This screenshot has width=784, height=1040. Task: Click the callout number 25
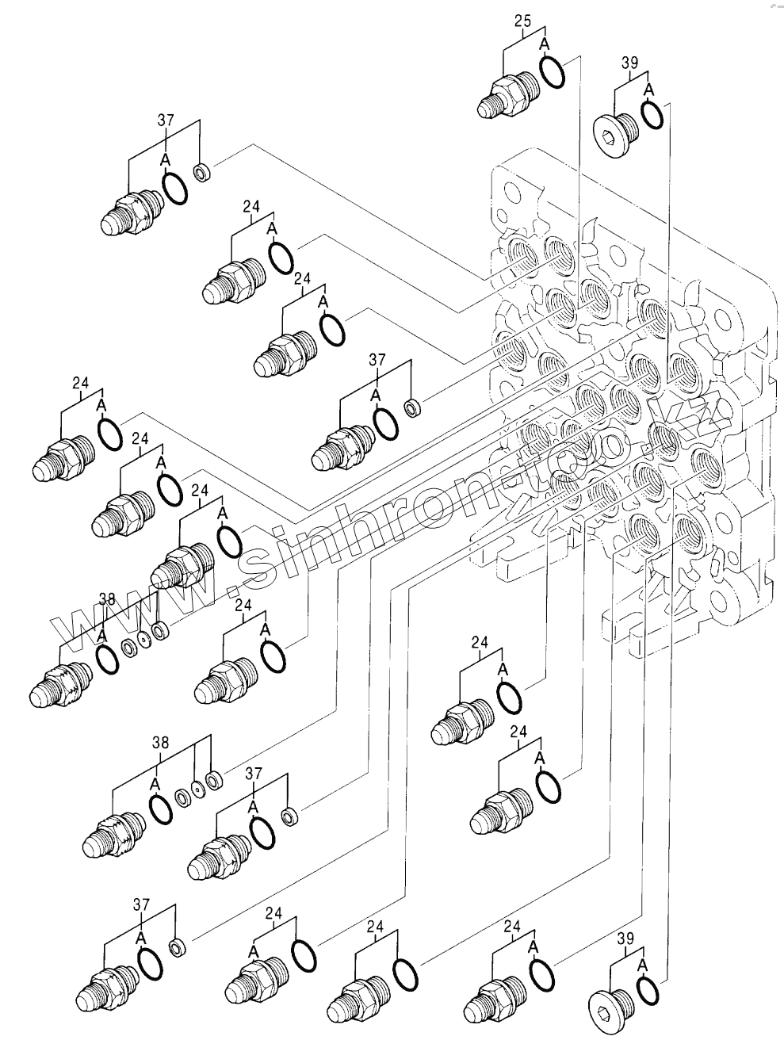click(x=522, y=21)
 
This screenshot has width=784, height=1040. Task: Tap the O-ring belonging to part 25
click(x=552, y=71)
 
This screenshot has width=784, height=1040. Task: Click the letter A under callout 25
click(x=545, y=44)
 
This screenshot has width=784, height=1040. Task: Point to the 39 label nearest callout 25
click(x=630, y=63)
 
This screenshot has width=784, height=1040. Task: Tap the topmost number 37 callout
click(x=166, y=120)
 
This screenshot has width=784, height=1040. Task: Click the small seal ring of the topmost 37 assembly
click(x=203, y=170)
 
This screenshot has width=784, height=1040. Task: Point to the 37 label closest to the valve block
click(x=377, y=360)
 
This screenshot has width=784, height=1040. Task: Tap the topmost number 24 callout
click(x=251, y=206)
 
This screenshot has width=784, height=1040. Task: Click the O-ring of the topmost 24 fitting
click(x=281, y=258)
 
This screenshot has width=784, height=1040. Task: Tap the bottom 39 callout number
click(x=625, y=939)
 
